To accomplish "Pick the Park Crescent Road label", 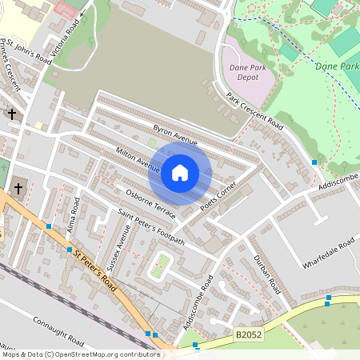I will (x=254, y=111).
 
